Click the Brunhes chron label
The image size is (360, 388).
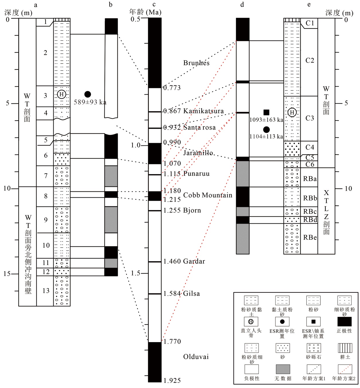(x=196, y=63)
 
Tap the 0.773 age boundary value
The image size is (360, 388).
(x=172, y=88)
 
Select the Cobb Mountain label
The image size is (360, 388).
(x=208, y=195)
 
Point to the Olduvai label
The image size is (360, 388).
(x=196, y=357)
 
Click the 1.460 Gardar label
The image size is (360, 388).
(x=184, y=261)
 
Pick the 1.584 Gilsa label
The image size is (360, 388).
(x=181, y=293)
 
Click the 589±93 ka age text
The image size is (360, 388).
(x=90, y=102)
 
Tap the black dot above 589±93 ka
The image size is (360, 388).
(x=88, y=94)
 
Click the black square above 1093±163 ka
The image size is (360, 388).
(x=266, y=112)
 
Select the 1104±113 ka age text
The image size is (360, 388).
(x=266, y=137)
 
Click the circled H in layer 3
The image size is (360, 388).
(x=61, y=94)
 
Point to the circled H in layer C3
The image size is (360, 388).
(x=292, y=112)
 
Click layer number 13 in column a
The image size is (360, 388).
(x=46, y=291)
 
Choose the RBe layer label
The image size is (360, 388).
(x=310, y=237)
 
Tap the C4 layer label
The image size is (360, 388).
(x=310, y=147)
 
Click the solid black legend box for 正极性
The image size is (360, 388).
(x=344, y=321)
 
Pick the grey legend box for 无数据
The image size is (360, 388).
(x=283, y=369)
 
